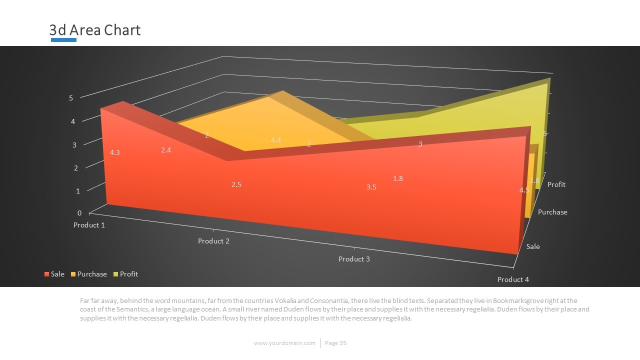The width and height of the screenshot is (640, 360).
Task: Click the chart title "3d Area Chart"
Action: pos(95,30)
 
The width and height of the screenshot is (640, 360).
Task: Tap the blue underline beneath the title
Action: pos(63,40)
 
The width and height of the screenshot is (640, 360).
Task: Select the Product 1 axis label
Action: pos(89,225)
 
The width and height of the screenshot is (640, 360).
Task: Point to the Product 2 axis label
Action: pos(213,241)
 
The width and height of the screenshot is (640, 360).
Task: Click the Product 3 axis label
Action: pos(354,259)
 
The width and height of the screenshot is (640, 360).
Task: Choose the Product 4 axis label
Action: pos(513,279)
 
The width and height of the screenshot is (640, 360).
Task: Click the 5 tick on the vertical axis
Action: pos(71,98)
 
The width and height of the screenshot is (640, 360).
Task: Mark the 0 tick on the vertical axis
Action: pos(79,213)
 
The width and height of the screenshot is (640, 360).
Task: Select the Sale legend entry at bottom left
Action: pos(54,274)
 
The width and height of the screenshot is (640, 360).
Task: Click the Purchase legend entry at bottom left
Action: pos(89,274)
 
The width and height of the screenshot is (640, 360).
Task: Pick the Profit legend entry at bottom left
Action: pos(125,274)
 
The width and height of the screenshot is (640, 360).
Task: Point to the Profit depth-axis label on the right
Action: pos(556,184)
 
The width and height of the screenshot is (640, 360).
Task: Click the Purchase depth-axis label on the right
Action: pos(552,212)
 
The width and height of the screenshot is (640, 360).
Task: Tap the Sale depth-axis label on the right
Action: pos(533,246)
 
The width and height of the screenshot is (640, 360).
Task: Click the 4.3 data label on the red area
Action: pos(114,152)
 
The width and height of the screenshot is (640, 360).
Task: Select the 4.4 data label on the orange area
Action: pos(275,140)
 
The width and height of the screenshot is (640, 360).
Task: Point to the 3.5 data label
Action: pos(371,187)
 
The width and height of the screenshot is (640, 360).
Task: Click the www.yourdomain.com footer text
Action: pos(284,343)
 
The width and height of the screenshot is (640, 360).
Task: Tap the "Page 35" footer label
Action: pos(335,343)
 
